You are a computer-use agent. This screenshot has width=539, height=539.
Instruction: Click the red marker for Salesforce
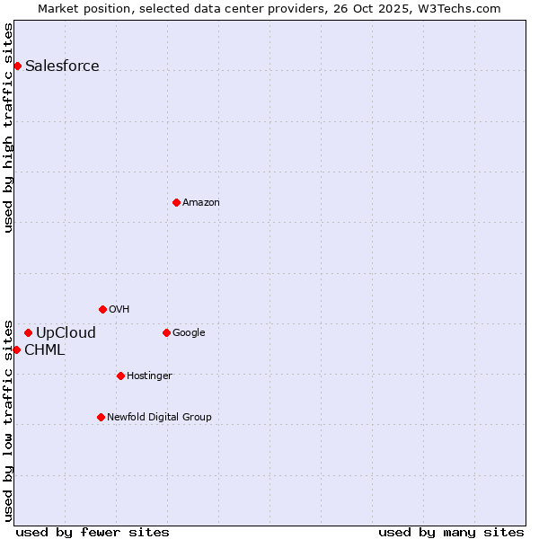[17, 66]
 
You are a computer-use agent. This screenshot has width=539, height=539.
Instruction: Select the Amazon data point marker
[176, 202]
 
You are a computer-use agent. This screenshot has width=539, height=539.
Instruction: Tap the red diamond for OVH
[102, 309]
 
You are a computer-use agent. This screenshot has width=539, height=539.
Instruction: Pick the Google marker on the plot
[166, 332]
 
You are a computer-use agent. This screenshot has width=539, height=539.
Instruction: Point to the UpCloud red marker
[28, 332]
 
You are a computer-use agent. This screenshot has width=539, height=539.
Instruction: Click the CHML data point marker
[16, 349]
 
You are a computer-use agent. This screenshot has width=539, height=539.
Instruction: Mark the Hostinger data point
[120, 376]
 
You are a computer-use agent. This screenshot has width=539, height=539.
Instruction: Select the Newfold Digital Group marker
[101, 417]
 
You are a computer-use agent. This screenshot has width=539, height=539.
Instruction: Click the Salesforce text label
[62, 66]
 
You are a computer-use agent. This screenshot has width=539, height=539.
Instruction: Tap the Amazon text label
[200, 202]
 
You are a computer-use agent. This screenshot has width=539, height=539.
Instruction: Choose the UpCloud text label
[66, 332]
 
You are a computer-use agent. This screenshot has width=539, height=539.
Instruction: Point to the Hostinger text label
[149, 376]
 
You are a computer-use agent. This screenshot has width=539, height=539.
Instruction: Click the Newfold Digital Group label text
[159, 417]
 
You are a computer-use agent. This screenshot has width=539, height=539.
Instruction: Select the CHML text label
[44, 349]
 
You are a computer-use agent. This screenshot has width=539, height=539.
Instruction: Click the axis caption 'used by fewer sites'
[93, 532]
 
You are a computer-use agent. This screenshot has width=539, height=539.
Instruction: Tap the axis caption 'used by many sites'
[451, 532]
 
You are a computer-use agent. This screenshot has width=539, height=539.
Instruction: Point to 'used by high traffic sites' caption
[8, 128]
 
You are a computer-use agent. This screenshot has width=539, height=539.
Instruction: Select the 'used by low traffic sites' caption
[8, 420]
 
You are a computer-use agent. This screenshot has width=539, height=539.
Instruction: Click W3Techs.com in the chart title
[464, 8]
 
